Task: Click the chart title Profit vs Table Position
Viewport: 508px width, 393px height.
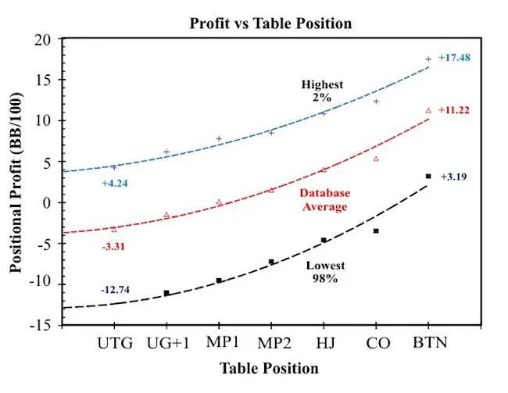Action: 270,23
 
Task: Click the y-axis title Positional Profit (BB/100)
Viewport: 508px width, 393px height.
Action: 16,182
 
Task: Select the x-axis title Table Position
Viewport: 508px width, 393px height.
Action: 269,368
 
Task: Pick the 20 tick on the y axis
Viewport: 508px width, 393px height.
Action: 51,40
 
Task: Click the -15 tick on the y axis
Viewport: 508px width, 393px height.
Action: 48,323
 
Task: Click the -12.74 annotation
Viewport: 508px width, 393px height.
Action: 115,290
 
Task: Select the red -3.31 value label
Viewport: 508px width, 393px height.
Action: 113,246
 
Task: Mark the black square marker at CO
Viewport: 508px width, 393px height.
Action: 376,231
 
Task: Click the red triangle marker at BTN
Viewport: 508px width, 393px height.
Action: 428,111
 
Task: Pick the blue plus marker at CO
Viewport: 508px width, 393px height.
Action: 376,101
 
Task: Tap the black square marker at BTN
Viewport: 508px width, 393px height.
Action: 428,177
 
